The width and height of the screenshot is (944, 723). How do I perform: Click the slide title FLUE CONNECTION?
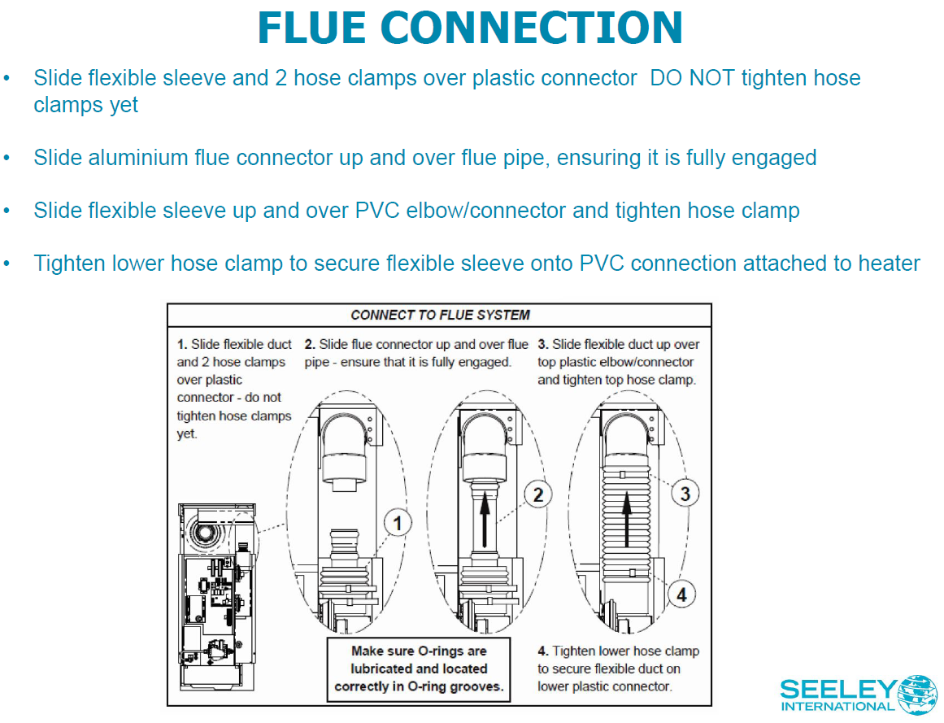point(470,28)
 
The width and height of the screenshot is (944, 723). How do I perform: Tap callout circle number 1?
point(397,523)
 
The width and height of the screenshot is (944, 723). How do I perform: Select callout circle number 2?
point(537,493)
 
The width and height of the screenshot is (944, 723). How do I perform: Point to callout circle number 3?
point(685,493)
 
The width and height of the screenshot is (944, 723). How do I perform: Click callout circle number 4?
point(681,594)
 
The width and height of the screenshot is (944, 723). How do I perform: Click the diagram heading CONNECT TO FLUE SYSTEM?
point(440,315)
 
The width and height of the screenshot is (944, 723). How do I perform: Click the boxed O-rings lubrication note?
point(419,669)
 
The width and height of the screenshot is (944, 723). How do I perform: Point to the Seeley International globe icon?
point(916,694)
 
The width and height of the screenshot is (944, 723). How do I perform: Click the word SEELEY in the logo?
point(837,690)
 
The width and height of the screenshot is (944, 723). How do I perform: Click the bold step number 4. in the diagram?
point(542,651)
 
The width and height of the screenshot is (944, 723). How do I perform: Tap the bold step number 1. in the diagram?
point(182,345)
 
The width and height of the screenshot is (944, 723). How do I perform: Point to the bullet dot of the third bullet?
point(7,211)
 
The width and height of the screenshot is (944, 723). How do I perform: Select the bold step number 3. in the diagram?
point(542,345)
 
